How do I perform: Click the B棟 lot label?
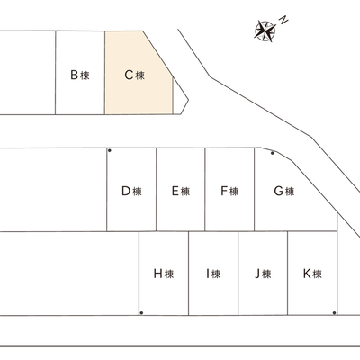80,75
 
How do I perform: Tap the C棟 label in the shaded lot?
135,75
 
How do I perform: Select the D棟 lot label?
131,191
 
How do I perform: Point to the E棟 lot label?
181,191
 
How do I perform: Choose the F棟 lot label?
229,191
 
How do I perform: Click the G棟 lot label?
284,191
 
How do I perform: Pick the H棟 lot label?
164,274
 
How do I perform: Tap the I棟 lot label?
213,274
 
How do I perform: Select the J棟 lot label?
263,274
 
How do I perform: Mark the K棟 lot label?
312,274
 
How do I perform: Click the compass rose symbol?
265,31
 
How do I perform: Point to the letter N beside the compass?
283,20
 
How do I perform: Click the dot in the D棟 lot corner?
110,150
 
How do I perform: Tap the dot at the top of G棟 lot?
273,153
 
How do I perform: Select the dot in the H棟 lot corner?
141,313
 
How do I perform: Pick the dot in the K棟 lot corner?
334,313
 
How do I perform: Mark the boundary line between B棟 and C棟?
104,73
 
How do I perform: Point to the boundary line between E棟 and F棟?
205,189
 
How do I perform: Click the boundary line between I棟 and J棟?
238,273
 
